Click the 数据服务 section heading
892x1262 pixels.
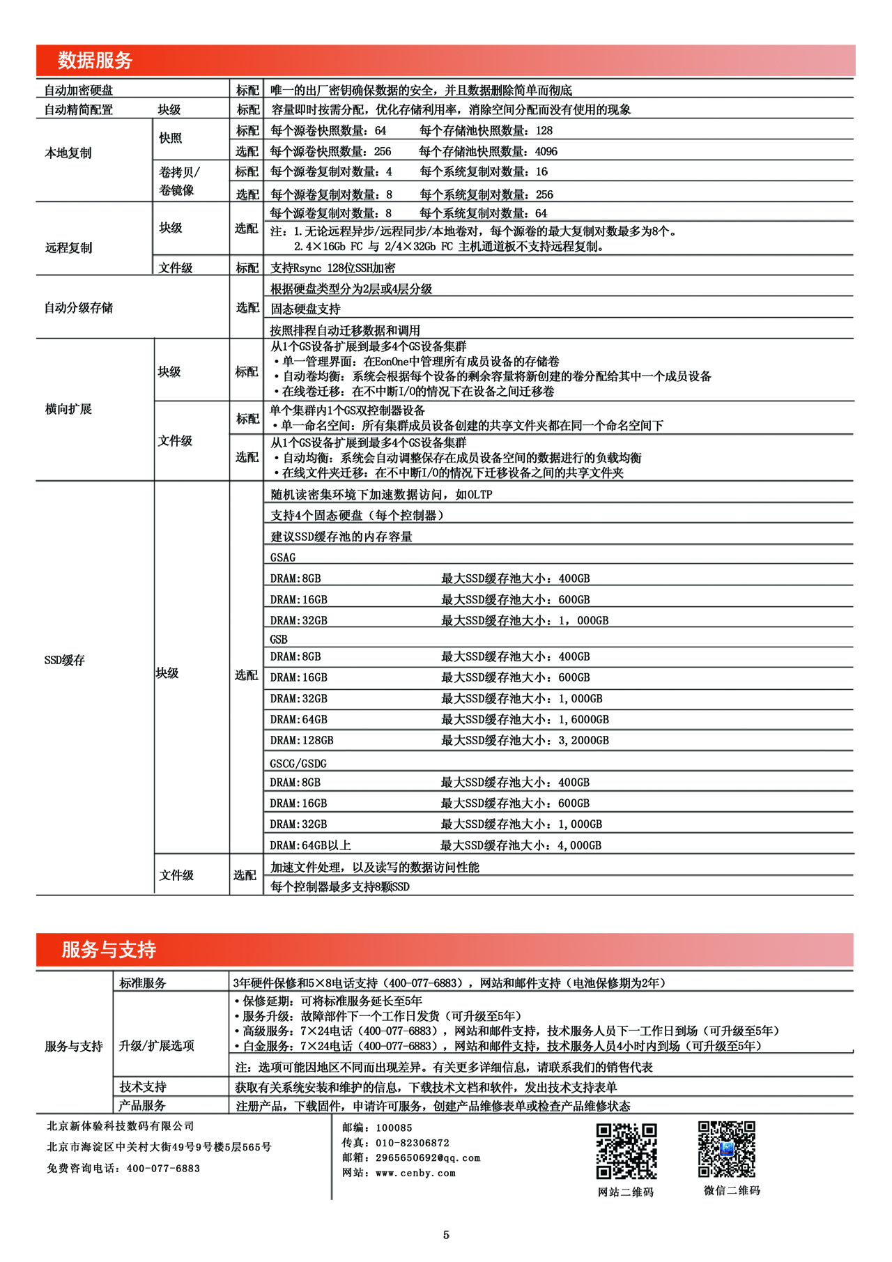tap(95, 61)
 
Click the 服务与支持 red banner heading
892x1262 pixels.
tap(108, 949)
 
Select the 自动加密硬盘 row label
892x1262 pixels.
tap(78, 91)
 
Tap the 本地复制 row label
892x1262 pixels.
tap(68, 153)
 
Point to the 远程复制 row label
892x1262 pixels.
tap(68, 247)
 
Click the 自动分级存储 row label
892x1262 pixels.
tap(78, 307)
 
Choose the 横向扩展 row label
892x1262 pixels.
tap(68, 409)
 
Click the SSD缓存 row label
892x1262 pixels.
tap(64, 660)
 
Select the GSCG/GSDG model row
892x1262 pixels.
tap(298, 763)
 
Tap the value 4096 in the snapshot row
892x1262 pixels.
tap(546, 151)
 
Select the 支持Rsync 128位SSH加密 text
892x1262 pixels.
tap(332, 268)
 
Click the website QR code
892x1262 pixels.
tap(626, 1151)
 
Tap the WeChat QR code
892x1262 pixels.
tap(727, 1149)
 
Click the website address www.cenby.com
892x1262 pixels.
tap(415, 1173)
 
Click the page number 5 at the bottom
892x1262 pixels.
tap(446, 1235)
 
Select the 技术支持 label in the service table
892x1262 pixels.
tap(143, 1086)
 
